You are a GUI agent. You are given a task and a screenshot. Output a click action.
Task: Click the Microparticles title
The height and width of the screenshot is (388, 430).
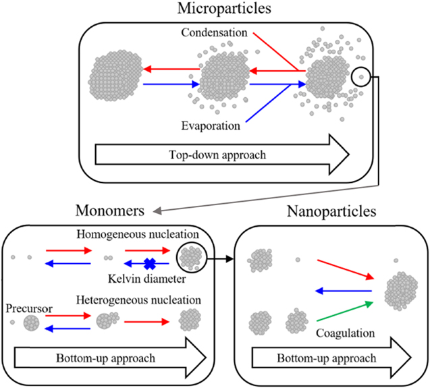click(x=215, y=9)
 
